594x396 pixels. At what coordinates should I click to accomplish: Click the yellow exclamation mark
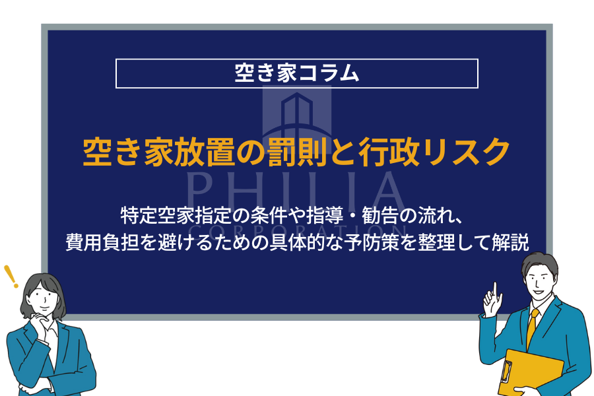[x=11, y=277]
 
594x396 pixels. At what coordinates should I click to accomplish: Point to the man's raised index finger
[x=495, y=290]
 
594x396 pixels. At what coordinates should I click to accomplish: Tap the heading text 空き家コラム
[x=296, y=73]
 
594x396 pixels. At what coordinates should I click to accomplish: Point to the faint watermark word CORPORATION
[x=298, y=230]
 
